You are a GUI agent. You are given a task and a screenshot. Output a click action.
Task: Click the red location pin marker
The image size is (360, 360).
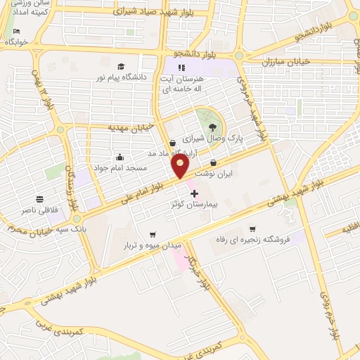tap(181, 166)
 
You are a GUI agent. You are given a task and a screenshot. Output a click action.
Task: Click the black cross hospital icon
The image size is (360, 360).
tap(194, 193)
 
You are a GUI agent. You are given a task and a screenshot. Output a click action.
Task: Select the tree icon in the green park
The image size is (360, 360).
tap(212, 127)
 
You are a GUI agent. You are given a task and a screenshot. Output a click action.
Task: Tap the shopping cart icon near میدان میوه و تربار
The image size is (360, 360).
tap(153, 235)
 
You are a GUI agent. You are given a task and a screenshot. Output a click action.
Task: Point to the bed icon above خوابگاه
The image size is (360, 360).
tap(16, 32)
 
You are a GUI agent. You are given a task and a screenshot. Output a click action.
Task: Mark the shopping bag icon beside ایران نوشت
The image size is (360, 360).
tap(213, 162)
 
